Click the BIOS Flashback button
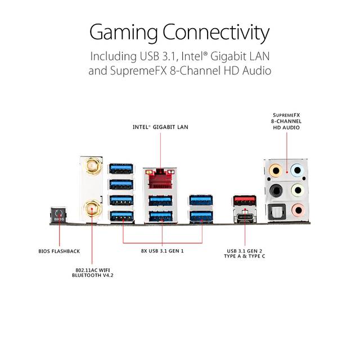pyautogui.click(x=58, y=215)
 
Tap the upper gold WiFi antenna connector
pyautogui.click(x=91, y=166)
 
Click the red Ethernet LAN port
pyautogui.click(x=160, y=178)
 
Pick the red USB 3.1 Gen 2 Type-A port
pyautogui.click(x=245, y=200)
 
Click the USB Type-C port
pyautogui.click(x=245, y=218)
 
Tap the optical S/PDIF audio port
pyautogui.click(x=277, y=211)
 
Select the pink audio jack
pyautogui.click(x=298, y=210)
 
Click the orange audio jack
pyautogui.click(x=275, y=170)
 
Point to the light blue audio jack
pyautogui.click(x=297, y=170)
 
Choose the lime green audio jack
pyautogui.click(x=298, y=190)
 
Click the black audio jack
pyautogui.click(x=276, y=191)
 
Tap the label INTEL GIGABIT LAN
pyautogui.click(x=160, y=127)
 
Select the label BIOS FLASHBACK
pyautogui.click(x=59, y=251)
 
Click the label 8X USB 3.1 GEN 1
pyautogui.click(x=163, y=251)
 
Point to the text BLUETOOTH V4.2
pyautogui.click(x=93, y=275)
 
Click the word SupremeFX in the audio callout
pyautogui.click(x=286, y=115)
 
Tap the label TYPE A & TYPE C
pyautogui.click(x=245, y=256)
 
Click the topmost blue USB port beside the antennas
pyautogui.click(x=121, y=168)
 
